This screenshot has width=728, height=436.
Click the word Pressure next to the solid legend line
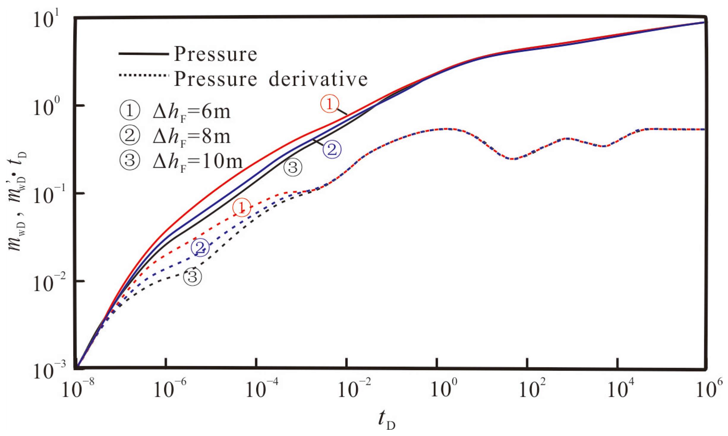[x=215, y=54]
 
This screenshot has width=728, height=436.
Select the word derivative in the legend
[x=318, y=79]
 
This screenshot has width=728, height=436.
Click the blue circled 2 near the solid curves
[x=332, y=149]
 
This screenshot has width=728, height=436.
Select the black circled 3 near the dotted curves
[x=193, y=277]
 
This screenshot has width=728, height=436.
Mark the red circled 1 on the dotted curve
[x=242, y=207]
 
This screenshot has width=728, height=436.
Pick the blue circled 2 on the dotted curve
[x=200, y=247]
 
